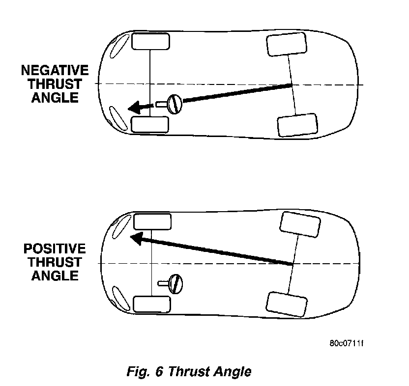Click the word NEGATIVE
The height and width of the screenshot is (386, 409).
tap(55, 70)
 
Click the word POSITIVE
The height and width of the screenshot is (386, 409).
tap(55, 249)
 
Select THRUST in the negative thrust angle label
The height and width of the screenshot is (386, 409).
tap(55, 83)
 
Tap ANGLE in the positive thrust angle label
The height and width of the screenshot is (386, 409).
tap(55, 276)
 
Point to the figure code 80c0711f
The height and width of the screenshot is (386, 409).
tap(346, 342)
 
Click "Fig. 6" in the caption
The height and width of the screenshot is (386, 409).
tap(145, 371)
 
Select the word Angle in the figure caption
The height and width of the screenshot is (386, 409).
tap(232, 372)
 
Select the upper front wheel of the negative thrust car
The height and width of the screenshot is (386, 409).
tap(151, 41)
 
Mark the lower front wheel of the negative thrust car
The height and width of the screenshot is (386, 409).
tap(150, 124)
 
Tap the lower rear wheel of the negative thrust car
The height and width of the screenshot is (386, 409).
tap(297, 125)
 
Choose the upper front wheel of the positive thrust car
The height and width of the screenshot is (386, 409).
tap(152, 222)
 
